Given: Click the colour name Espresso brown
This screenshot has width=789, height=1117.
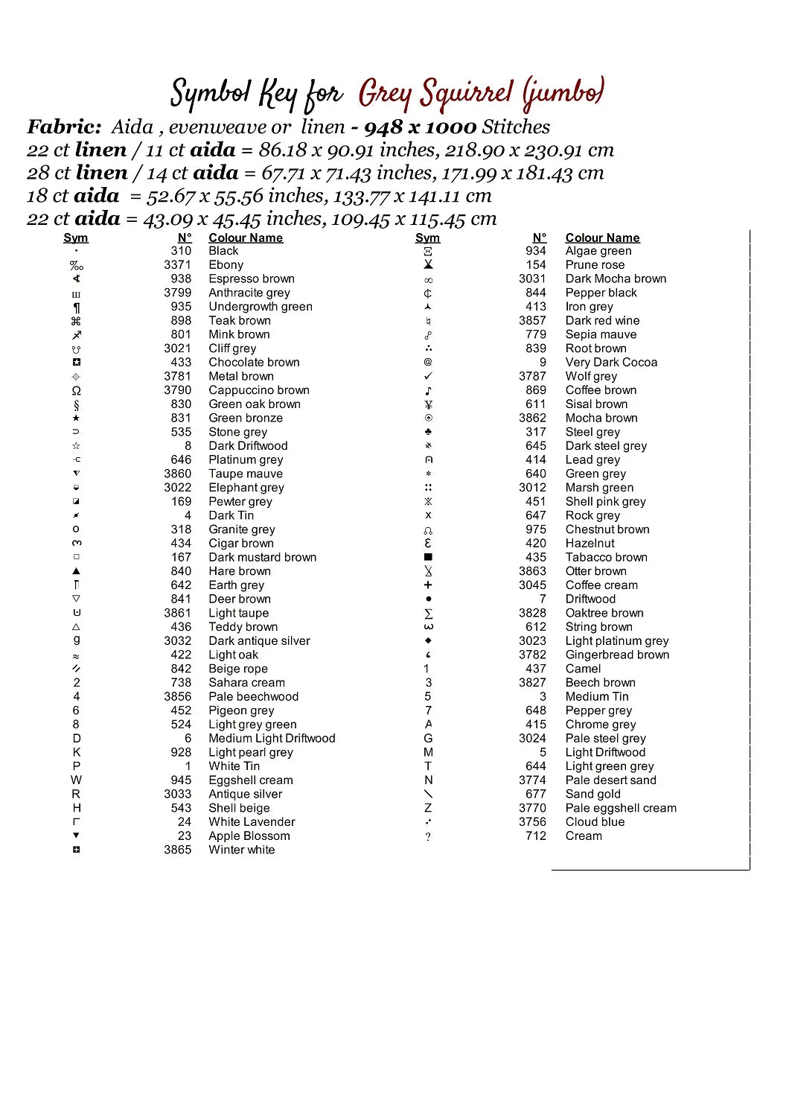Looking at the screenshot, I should [x=251, y=279].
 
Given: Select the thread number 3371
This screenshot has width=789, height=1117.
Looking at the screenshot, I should [x=177, y=264].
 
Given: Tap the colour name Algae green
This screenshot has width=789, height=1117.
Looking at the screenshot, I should [x=598, y=251].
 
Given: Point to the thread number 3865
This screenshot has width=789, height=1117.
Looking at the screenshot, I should [x=177, y=850].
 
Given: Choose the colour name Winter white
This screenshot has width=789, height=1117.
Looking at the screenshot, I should [x=241, y=850].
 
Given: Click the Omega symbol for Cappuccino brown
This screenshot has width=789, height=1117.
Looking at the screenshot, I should [x=76, y=390].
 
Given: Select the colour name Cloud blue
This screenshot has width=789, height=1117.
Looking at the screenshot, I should [x=595, y=822].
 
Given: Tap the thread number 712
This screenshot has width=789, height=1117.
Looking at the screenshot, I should [x=535, y=836].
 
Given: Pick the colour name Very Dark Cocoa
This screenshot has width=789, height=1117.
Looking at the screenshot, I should [x=611, y=362].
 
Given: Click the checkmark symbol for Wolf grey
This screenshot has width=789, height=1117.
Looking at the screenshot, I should [x=428, y=376].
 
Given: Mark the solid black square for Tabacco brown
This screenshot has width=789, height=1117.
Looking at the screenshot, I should [x=428, y=557].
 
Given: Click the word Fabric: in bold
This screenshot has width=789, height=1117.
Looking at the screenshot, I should [x=64, y=127].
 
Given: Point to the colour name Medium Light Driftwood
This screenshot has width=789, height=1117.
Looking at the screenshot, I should [x=272, y=738].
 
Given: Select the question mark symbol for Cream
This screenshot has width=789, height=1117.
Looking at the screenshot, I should [x=428, y=836].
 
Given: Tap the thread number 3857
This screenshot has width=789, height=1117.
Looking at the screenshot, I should [x=532, y=320].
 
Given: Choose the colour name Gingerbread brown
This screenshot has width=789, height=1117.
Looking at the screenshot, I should [x=617, y=655].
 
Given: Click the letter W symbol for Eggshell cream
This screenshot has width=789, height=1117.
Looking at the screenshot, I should [x=76, y=780].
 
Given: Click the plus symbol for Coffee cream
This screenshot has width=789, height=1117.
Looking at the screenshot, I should [x=428, y=585].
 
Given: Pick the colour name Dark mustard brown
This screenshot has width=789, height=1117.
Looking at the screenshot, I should [x=262, y=557].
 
